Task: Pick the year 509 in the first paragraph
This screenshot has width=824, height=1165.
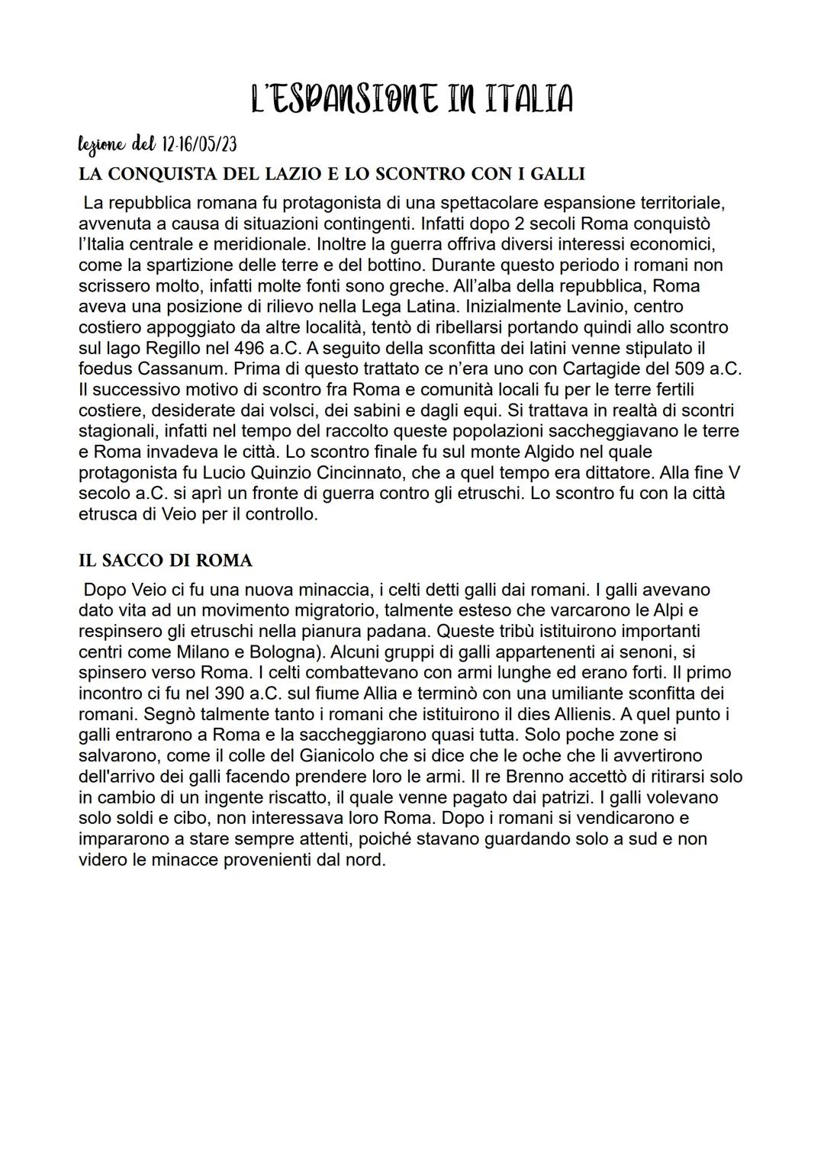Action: pos(693,368)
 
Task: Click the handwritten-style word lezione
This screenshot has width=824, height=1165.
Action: pos(102,143)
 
